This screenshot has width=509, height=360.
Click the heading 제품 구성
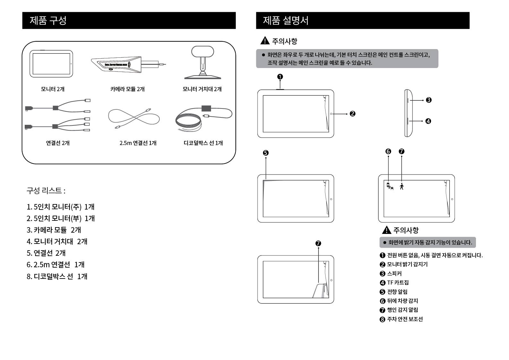48,21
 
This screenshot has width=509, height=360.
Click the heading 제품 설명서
285,21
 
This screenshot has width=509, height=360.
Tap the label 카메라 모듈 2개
127,89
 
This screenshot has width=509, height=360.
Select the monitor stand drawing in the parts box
202,63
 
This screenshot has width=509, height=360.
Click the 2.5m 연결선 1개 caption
138,143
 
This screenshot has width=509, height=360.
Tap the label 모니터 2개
53,89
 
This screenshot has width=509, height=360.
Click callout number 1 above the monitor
280,77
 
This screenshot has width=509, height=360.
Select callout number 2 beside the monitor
352,114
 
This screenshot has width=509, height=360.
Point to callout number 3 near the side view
428,100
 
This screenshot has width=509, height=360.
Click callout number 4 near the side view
428,121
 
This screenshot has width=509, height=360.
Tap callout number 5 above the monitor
266,153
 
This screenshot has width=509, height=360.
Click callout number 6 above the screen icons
388,151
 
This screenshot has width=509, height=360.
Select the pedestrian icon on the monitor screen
402,186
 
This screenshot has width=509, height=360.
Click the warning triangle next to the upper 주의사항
265,41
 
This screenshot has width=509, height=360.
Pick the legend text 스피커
394,274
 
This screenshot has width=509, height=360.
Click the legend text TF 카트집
398,283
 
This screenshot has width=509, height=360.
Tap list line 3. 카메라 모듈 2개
54,230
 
